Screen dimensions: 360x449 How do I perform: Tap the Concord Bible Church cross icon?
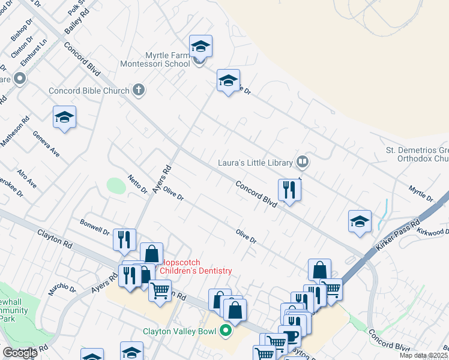point(139,91)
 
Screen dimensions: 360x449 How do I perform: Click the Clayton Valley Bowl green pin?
point(226,331)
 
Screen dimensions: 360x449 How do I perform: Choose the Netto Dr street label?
point(137,185)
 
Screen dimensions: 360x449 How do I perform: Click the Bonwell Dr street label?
point(95,227)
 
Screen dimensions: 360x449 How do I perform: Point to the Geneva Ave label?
point(46,144)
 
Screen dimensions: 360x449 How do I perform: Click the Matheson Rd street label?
point(15,132)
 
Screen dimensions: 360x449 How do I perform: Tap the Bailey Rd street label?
point(71,24)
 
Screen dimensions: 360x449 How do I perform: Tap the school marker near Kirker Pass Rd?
point(360,221)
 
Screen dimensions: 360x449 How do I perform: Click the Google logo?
point(19,353)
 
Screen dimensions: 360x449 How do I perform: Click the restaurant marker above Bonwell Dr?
point(124,239)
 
